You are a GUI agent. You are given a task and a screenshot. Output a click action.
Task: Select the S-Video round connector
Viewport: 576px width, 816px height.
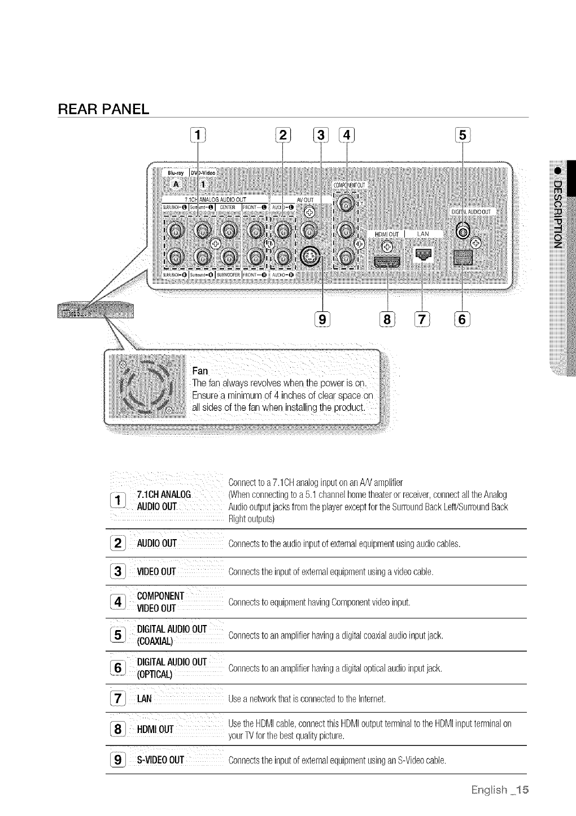(311, 258)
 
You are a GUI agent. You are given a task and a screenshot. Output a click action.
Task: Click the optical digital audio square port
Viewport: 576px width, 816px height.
(462, 258)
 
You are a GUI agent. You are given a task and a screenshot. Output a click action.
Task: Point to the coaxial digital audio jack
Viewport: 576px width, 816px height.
(463, 232)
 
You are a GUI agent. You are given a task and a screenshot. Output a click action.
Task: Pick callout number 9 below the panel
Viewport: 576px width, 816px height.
(322, 319)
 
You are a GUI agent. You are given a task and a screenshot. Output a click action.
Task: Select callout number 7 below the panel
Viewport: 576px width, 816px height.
(423, 319)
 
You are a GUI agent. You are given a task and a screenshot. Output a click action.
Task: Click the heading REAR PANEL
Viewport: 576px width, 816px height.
(103, 108)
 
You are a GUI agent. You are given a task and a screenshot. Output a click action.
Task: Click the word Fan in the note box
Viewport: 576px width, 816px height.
(200, 371)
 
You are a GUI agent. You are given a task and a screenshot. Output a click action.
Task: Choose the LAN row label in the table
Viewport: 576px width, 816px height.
(145, 699)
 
